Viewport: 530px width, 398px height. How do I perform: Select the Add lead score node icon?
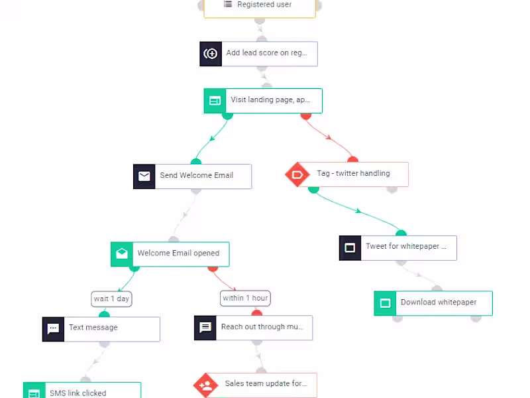211,54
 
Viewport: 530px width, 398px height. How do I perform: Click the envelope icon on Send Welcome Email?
144,176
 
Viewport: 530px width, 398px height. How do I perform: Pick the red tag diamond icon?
296,174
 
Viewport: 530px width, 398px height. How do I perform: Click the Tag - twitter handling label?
353,174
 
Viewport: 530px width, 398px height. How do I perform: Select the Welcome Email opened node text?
178,253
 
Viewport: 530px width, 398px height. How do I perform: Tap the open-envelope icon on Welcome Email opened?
122,254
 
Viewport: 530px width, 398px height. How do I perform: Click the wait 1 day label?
111,298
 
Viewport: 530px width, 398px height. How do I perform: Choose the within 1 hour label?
245,298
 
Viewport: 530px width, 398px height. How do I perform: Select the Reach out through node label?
262,327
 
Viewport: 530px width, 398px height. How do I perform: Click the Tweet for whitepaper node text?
406,247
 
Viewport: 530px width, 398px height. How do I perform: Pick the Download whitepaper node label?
438,302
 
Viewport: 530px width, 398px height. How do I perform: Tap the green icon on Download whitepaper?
385,303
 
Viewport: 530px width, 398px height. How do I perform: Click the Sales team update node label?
266,383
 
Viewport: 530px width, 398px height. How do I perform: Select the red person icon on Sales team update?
205,385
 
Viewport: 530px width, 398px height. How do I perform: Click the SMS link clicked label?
78,393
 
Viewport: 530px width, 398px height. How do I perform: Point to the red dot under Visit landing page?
306,115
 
